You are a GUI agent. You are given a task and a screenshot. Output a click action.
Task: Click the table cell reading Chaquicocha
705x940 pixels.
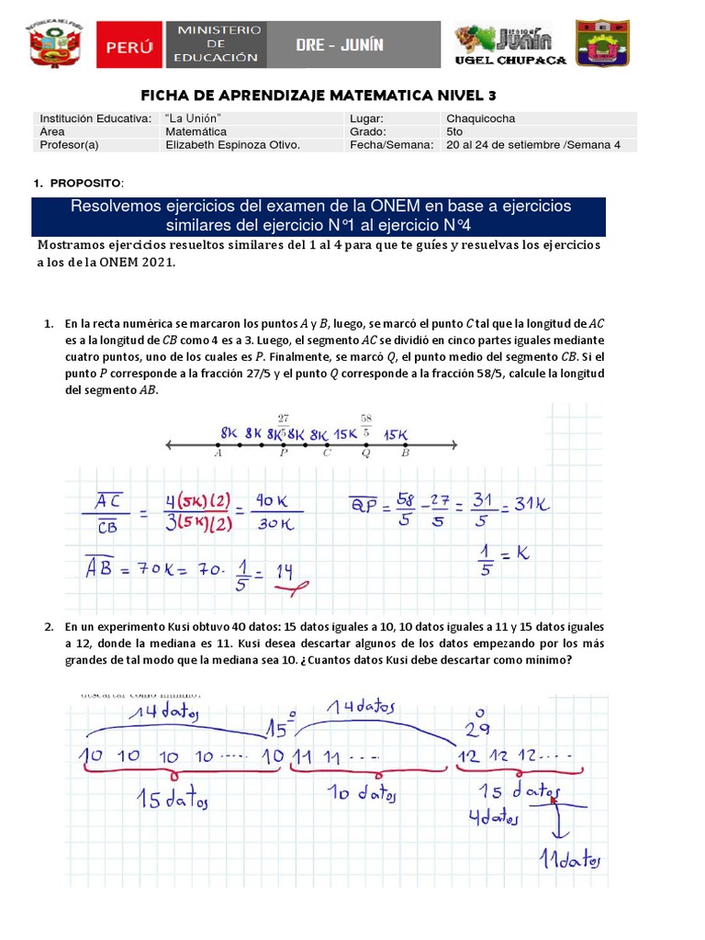[480, 118]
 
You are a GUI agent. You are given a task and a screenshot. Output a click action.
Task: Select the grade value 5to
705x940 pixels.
[454, 131]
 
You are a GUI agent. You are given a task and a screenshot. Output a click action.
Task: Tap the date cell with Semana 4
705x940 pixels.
[532, 145]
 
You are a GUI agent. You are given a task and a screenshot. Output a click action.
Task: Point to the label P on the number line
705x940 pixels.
[283, 453]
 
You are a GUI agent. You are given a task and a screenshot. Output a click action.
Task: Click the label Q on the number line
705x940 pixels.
[366, 453]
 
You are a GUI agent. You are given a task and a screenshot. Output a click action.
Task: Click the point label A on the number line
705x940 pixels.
[218, 453]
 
